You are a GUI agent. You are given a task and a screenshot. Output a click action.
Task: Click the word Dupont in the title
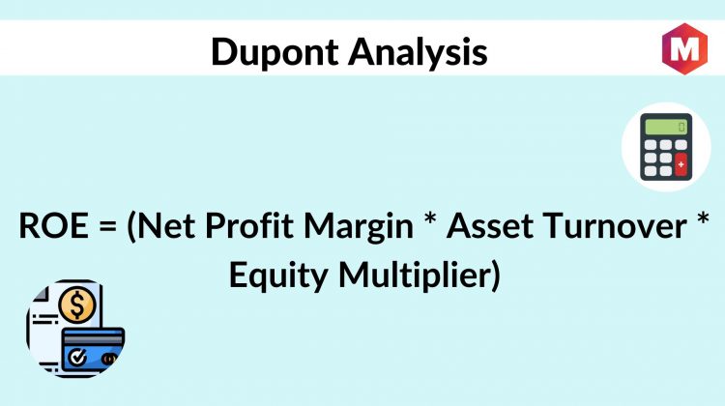tap(275, 53)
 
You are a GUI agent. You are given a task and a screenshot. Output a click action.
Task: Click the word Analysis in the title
tap(418, 53)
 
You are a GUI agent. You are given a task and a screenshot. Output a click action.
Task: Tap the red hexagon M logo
tap(684, 48)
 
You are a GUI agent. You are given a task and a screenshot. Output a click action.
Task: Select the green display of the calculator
tap(666, 127)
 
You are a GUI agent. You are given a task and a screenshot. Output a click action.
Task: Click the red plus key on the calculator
tap(681, 164)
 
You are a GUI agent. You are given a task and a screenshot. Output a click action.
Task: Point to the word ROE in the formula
tap(53, 226)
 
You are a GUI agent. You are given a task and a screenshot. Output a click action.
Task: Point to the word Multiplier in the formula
tap(414, 276)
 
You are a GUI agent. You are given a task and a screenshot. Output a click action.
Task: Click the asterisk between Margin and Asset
tap(430, 218)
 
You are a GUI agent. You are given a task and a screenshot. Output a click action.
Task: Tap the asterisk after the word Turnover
tap(703, 218)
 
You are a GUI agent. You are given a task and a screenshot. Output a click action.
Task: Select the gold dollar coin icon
tap(77, 305)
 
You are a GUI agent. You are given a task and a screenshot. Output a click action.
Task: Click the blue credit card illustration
tap(93, 350)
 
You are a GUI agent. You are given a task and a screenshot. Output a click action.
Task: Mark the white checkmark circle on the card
tap(76, 357)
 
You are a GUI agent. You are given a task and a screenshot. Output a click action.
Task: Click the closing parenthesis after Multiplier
tap(495, 276)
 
